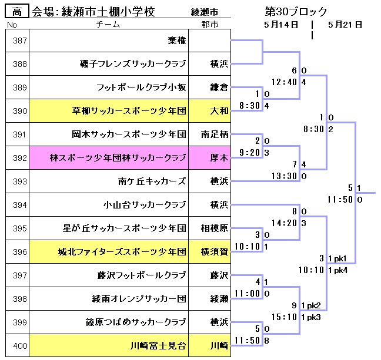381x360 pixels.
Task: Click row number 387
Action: click(20, 41)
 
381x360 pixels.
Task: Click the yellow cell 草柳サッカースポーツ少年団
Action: click(129, 111)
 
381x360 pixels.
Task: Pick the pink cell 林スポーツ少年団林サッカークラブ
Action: click(118, 158)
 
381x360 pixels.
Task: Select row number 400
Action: click(20, 346)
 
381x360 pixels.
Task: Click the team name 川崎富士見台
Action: click(158, 346)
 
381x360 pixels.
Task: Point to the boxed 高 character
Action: click(17, 11)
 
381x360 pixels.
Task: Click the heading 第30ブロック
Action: click(296, 11)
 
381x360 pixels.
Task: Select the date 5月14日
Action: click(280, 25)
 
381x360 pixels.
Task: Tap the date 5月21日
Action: click(345, 25)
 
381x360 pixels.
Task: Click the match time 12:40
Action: click(284, 82)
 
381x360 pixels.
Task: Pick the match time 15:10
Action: click(284, 317)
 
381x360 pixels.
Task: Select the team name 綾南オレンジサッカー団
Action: click(139, 299)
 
